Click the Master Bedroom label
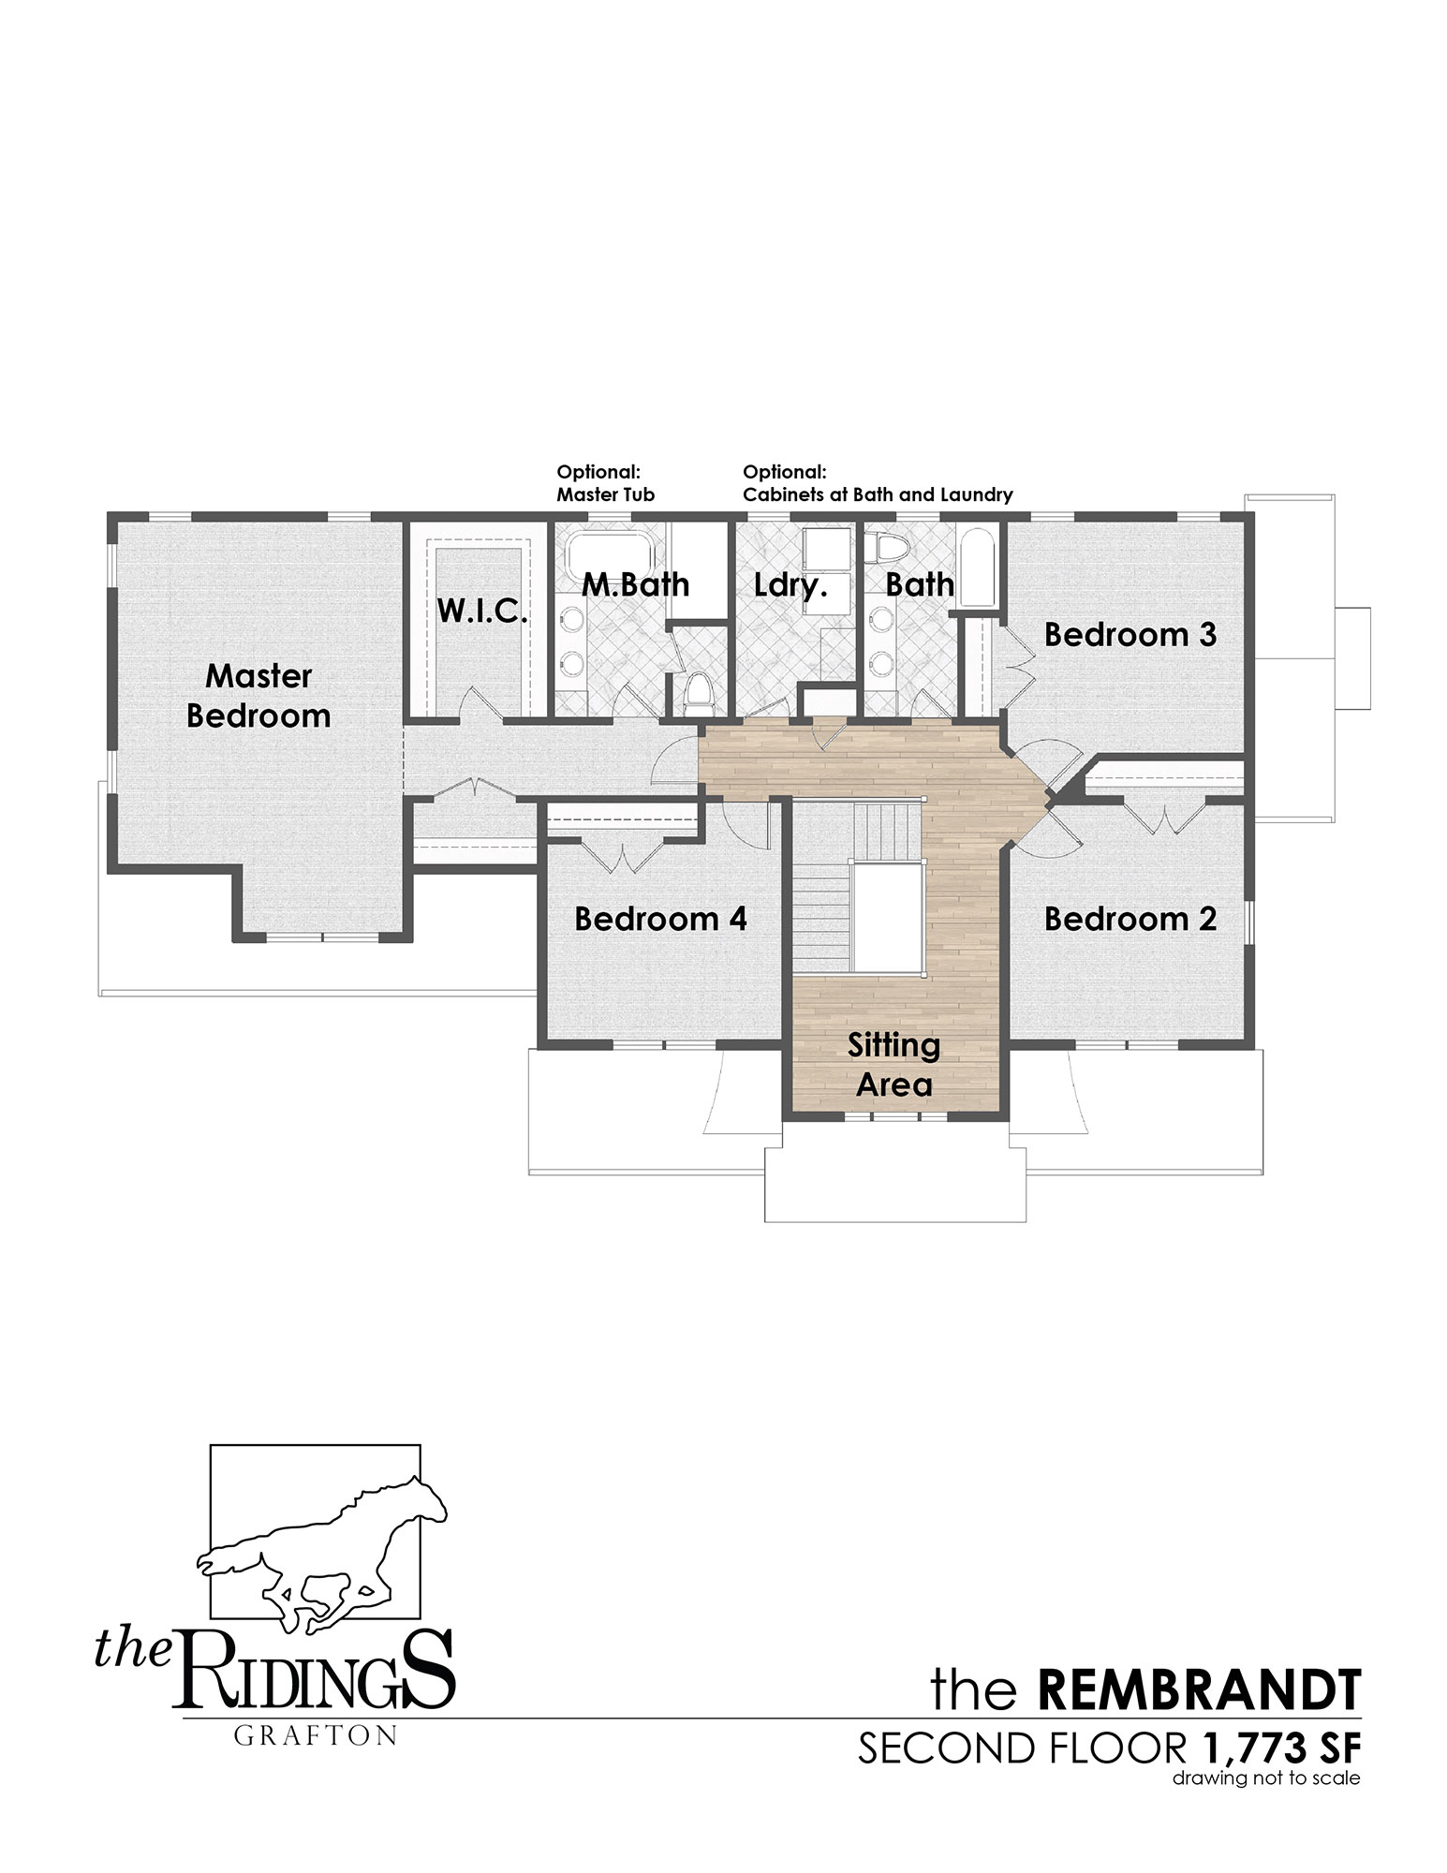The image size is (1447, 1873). (x=258, y=696)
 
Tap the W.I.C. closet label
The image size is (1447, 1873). (x=482, y=612)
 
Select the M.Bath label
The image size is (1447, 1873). (x=636, y=584)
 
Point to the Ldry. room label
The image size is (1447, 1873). (x=789, y=585)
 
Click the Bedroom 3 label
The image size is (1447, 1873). (x=1130, y=634)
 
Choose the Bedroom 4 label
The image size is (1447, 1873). (x=661, y=919)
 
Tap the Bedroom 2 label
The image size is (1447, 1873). (x=1130, y=919)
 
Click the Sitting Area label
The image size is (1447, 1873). (x=894, y=1065)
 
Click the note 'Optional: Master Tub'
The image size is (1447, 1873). (x=606, y=482)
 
